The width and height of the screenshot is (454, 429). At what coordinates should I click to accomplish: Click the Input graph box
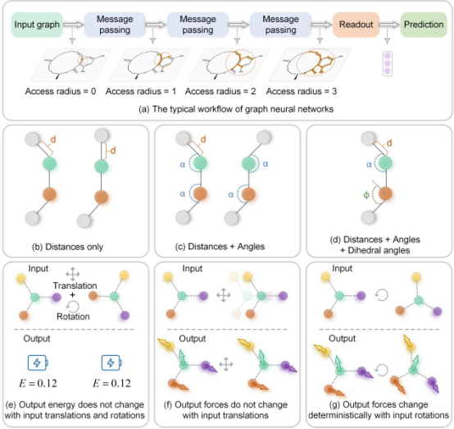[x=37, y=25]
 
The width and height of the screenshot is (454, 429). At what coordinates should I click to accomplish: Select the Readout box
[x=356, y=25]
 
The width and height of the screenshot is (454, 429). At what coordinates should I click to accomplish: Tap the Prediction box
[x=424, y=25]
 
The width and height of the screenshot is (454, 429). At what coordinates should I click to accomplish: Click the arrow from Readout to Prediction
[x=389, y=25]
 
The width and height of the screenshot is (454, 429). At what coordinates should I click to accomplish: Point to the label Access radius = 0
[x=60, y=91]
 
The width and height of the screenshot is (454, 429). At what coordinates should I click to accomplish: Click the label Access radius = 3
[x=301, y=91]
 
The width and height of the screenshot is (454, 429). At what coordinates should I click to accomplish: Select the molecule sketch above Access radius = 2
[x=230, y=65]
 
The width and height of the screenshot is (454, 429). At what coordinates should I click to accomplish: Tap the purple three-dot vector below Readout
[x=388, y=63]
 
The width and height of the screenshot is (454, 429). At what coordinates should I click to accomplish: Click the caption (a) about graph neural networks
[x=236, y=109]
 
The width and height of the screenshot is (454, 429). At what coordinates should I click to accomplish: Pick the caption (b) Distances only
[x=67, y=247]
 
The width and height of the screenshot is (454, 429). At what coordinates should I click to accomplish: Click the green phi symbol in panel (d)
[x=366, y=195]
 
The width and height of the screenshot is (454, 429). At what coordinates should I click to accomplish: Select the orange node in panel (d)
[x=385, y=194]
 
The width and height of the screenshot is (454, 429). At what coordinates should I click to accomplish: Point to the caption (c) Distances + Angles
[x=220, y=246]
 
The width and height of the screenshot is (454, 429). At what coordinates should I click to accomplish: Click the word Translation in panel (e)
[x=75, y=285]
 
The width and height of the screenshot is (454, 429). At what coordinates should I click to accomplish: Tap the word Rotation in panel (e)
[x=73, y=317]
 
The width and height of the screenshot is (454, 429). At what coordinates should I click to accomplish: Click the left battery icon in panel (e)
[x=38, y=363]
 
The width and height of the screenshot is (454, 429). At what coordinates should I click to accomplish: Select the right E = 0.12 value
[x=111, y=384]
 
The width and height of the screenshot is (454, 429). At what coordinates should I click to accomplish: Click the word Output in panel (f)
[x=193, y=339]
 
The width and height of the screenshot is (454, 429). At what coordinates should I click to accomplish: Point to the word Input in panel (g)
[x=343, y=268]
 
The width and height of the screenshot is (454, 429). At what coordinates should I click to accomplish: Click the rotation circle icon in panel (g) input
[x=381, y=295]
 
